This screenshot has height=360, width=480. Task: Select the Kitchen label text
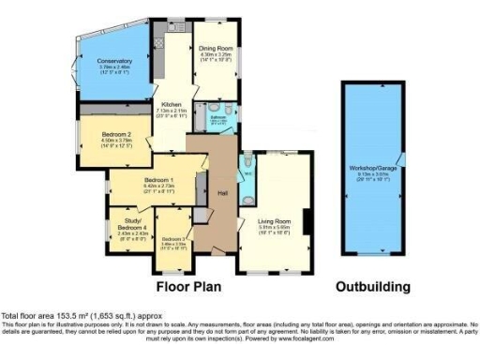click(171, 104)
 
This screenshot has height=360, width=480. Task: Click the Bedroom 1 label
click(158, 179)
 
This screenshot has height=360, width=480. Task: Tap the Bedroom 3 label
click(173, 240)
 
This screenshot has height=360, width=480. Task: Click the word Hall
click(224, 192)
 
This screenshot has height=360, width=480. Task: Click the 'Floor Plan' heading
click(194, 285)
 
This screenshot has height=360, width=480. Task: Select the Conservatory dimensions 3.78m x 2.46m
click(115, 67)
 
